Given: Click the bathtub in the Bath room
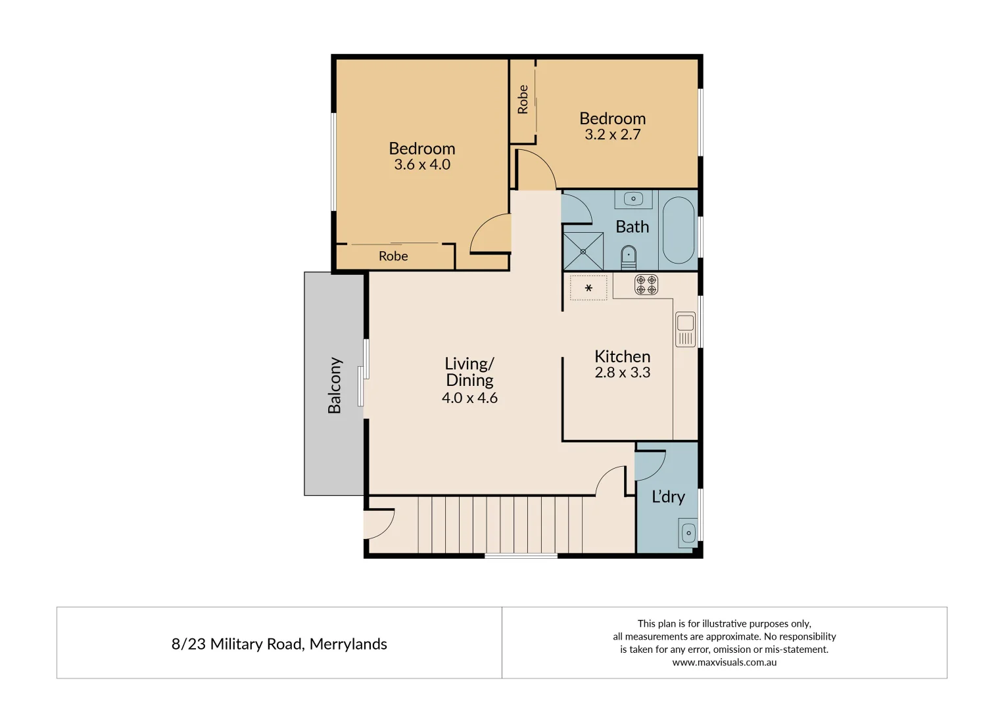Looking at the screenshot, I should [x=678, y=229].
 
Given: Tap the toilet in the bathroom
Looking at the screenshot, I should [x=629, y=256].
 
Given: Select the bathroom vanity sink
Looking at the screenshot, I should [x=634, y=198].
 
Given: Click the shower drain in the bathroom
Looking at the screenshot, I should [x=583, y=251].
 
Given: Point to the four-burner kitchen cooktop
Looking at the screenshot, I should [x=646, y=284].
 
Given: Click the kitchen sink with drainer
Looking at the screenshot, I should [x=685, y=329].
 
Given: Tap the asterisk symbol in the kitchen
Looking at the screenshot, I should [x=588, y=288].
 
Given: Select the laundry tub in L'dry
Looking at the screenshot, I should [x=688, y=532].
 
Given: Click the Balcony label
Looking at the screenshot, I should [x=335, y=385].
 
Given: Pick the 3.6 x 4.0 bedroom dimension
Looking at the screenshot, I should [x=422, y=164].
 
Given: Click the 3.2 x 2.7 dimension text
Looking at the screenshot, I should [x=612, y=135].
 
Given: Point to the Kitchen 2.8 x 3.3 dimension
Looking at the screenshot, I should [x=622, y=373].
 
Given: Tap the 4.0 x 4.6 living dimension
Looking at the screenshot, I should [x=469, y=398].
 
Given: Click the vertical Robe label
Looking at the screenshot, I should [x=523, y=99].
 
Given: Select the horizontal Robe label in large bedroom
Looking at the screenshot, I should [x=393, y=256].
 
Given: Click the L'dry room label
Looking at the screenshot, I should [x=668, y=497].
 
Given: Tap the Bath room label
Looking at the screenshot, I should [x=632, y=227].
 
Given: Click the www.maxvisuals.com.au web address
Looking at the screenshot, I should [x=724, y=663].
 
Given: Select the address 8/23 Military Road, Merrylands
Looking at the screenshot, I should [x=279, y=644].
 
